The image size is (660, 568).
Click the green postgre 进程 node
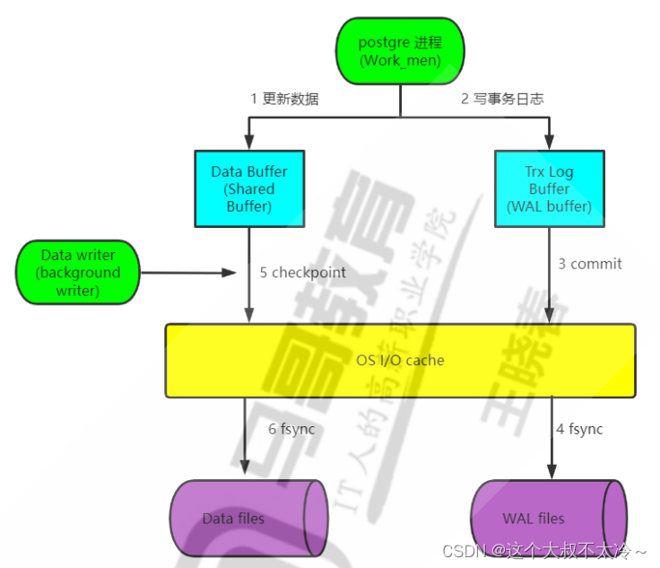[400, 51]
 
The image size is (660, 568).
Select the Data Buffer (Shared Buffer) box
[248, 188]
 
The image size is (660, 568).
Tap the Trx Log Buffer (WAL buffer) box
[549, 188]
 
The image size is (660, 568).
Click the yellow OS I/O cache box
[400, 360]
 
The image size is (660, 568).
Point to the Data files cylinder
[247, 517]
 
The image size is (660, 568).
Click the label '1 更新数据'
[284, 99]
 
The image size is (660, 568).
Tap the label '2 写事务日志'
[502, 99]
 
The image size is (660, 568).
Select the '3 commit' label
[589, 264]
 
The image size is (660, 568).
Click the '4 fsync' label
[579, 429]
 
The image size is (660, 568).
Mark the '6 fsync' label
[292, 429]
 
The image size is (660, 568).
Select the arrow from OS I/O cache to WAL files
[550, 440]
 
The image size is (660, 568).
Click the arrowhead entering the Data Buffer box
[248, 143]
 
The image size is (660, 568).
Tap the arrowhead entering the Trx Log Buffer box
[549, 143]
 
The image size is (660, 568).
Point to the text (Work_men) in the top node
[400, 61]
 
